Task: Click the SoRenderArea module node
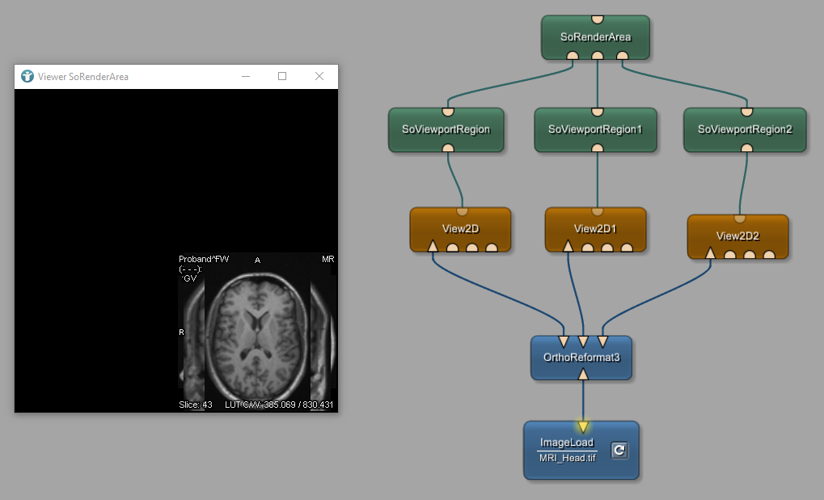[x=595, y=36]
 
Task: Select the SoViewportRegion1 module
[x=595, y=129]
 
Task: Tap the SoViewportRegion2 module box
[x=745, y=129]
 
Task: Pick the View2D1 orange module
[x=595, y=228]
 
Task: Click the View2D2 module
[x=737, y=235]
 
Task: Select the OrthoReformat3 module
[x=582, y=357]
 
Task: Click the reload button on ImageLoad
[x=619, y=450]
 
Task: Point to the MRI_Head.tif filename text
[x=566, y=458]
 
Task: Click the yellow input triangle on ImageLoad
[x=582, y=426]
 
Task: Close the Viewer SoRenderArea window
[x=319, y=76]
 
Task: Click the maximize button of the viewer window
[x=282, y=76]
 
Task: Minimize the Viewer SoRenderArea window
[x=245, y=76]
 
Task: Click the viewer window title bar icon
[x=27, y=76]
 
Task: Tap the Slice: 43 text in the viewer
[x=196, y=404]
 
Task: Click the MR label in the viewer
[x=327, y=259]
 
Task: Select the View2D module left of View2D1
[x=460, y=228]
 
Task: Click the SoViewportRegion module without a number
[x=446, y=129]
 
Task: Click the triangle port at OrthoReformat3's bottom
[x=583, y=375]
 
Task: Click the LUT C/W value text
[x=279, y=404]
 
